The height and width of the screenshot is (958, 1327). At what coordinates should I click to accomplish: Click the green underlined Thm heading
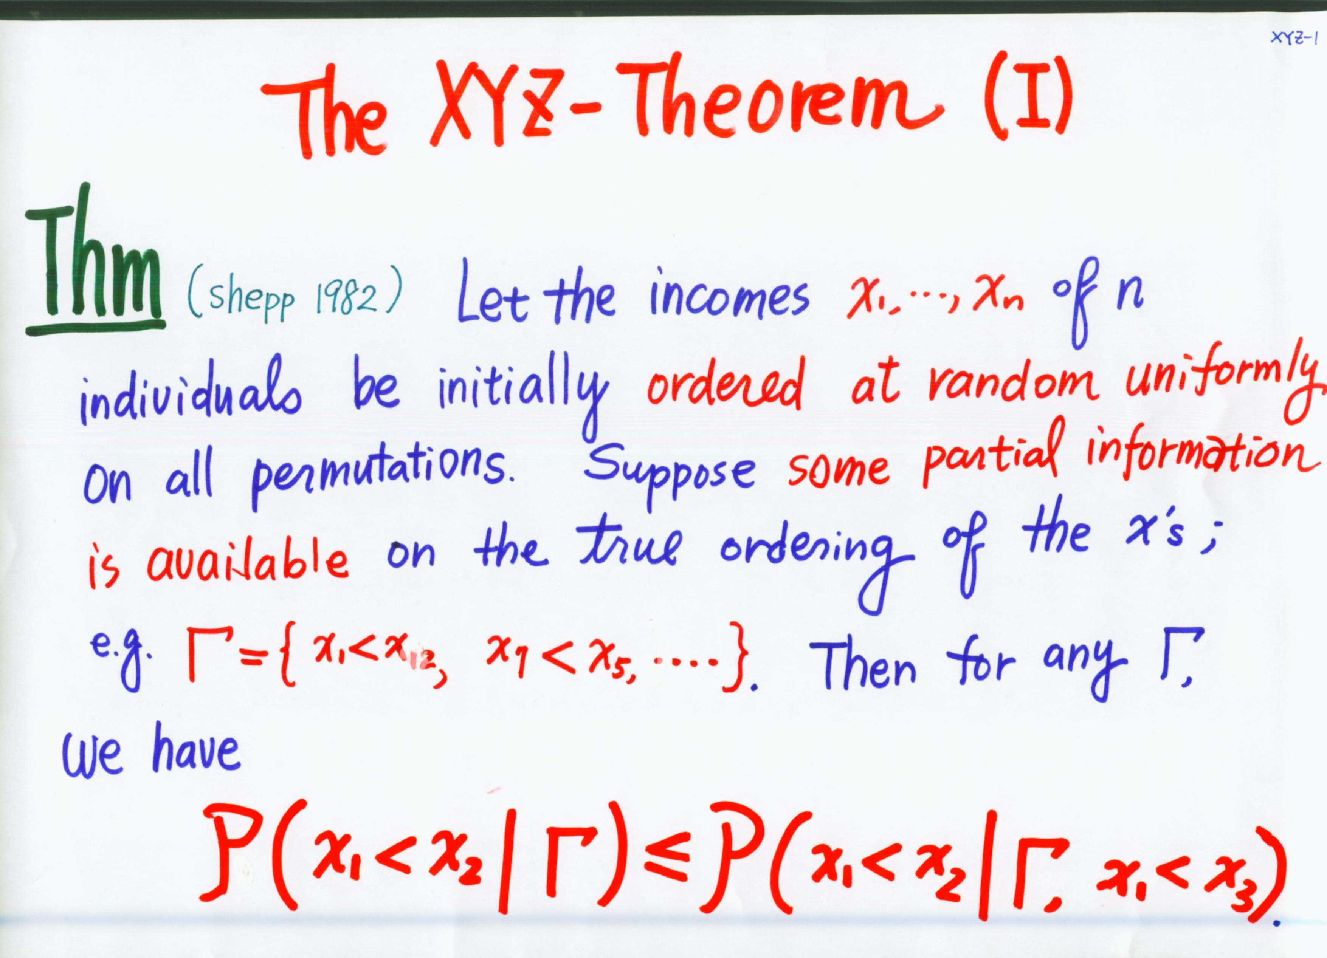click(94, 263)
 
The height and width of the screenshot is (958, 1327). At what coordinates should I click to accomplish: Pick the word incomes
click(729, 298)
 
